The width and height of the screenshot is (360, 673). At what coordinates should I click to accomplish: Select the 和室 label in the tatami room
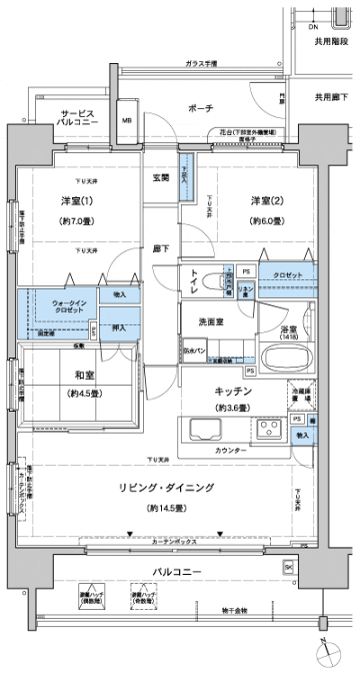point(76,375)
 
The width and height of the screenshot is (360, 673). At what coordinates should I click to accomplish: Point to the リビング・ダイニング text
point(168,487)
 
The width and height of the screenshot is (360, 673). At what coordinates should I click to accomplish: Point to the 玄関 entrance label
point(162,178)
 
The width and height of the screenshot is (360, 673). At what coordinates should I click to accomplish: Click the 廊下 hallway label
point(162,247)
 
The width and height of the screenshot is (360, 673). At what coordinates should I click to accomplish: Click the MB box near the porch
point(127,119)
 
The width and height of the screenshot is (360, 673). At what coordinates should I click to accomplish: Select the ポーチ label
point(202,108)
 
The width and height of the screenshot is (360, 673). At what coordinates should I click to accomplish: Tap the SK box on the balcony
point(288,567)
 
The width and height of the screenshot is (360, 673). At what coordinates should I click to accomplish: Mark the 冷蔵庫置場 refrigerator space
point(301,395)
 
